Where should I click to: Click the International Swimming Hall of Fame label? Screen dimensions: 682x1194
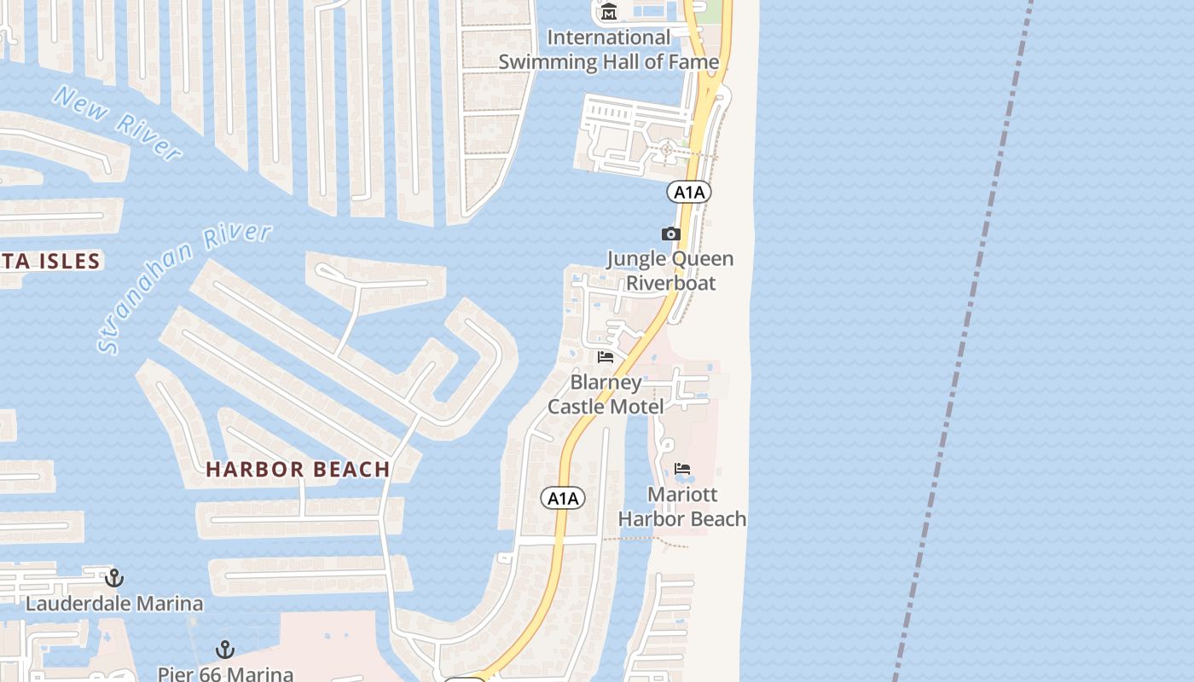[609, 49]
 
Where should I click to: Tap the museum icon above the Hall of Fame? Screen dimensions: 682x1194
[609, 12]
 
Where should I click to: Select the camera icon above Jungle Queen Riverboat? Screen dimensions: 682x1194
[670, 234]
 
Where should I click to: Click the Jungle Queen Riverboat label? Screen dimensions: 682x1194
[670, 270]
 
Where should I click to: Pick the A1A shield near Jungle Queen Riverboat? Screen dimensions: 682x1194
[689, 192]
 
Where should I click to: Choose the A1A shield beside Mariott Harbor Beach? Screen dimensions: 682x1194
[563, 498]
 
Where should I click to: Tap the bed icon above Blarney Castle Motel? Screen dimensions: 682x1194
[606, 356]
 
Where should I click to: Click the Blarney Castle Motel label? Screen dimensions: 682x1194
[606, 394]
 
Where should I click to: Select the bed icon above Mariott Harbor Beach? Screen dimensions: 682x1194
[682, 469]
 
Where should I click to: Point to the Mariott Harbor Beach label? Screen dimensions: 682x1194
[682, 506]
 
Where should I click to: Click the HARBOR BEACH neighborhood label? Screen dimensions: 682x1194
[298, 469]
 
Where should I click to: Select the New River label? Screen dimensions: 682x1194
[117, 123]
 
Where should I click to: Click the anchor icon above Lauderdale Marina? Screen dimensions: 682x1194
[114, 578]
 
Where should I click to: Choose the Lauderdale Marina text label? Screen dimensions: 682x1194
[114, 604]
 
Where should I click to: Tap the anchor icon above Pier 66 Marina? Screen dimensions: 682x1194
[225, 650]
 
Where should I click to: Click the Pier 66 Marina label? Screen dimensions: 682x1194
[225, 673]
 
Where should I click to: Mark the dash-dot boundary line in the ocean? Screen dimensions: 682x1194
[964, 341]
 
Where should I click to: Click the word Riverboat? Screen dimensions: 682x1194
[671, 282]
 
